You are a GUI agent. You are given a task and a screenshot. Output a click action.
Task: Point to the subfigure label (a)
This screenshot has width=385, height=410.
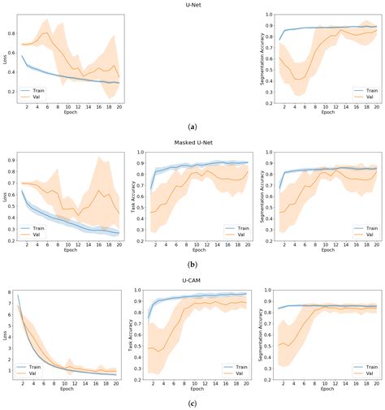[192, 127]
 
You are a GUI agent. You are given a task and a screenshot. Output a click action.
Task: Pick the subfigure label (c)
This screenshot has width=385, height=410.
[192, 403]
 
